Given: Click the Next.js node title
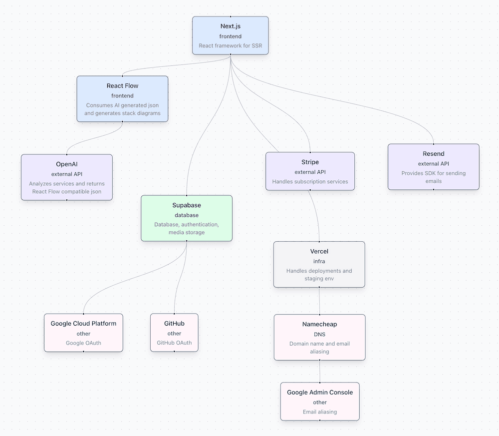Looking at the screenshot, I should pyautogui.click(x=231, y=26).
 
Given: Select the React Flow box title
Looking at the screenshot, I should pyautogui.click(x=122, y=86).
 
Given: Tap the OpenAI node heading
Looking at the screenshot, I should pyautogui.click(x=66, y=164).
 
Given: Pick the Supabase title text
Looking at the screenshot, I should pyautogui.click(x=186, y=205).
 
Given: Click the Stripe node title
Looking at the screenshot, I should pyautogui.click(x=310, y=162).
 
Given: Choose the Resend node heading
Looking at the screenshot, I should pyautogui.click(x=433, y=154).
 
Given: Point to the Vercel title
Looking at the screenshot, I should pyautogui.click(x=319, y=251).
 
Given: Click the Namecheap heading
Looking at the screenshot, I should pyautogui.click(x=319, y=324).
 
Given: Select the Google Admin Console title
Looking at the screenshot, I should pyautogui.click(x=319, y=393).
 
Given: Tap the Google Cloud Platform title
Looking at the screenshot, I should pyautogui.click(x=83, y=324).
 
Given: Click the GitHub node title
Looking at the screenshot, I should pyautogui.click(x=174, y=324).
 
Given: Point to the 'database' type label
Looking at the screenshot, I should pyautogui.click(x=186, y=215).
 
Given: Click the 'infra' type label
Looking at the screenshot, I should pyautogui.click(x=319, y=261).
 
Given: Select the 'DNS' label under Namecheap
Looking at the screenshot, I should pyautogui.click(x=319, y=334).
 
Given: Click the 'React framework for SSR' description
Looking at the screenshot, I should pyautogui.click(x=231, y=46).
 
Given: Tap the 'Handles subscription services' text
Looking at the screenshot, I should pyautogui.click(x=310, y=182).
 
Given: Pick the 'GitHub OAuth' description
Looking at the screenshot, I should pyautogui.click(x=174, y=343).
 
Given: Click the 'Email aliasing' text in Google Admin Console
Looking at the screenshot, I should pyautogui.click(x=319, y=412).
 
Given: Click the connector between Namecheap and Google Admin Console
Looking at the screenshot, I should pyautogui.click(x=320, y=372).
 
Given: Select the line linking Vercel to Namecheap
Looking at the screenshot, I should pyautogui.click(x=319, y=301).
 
